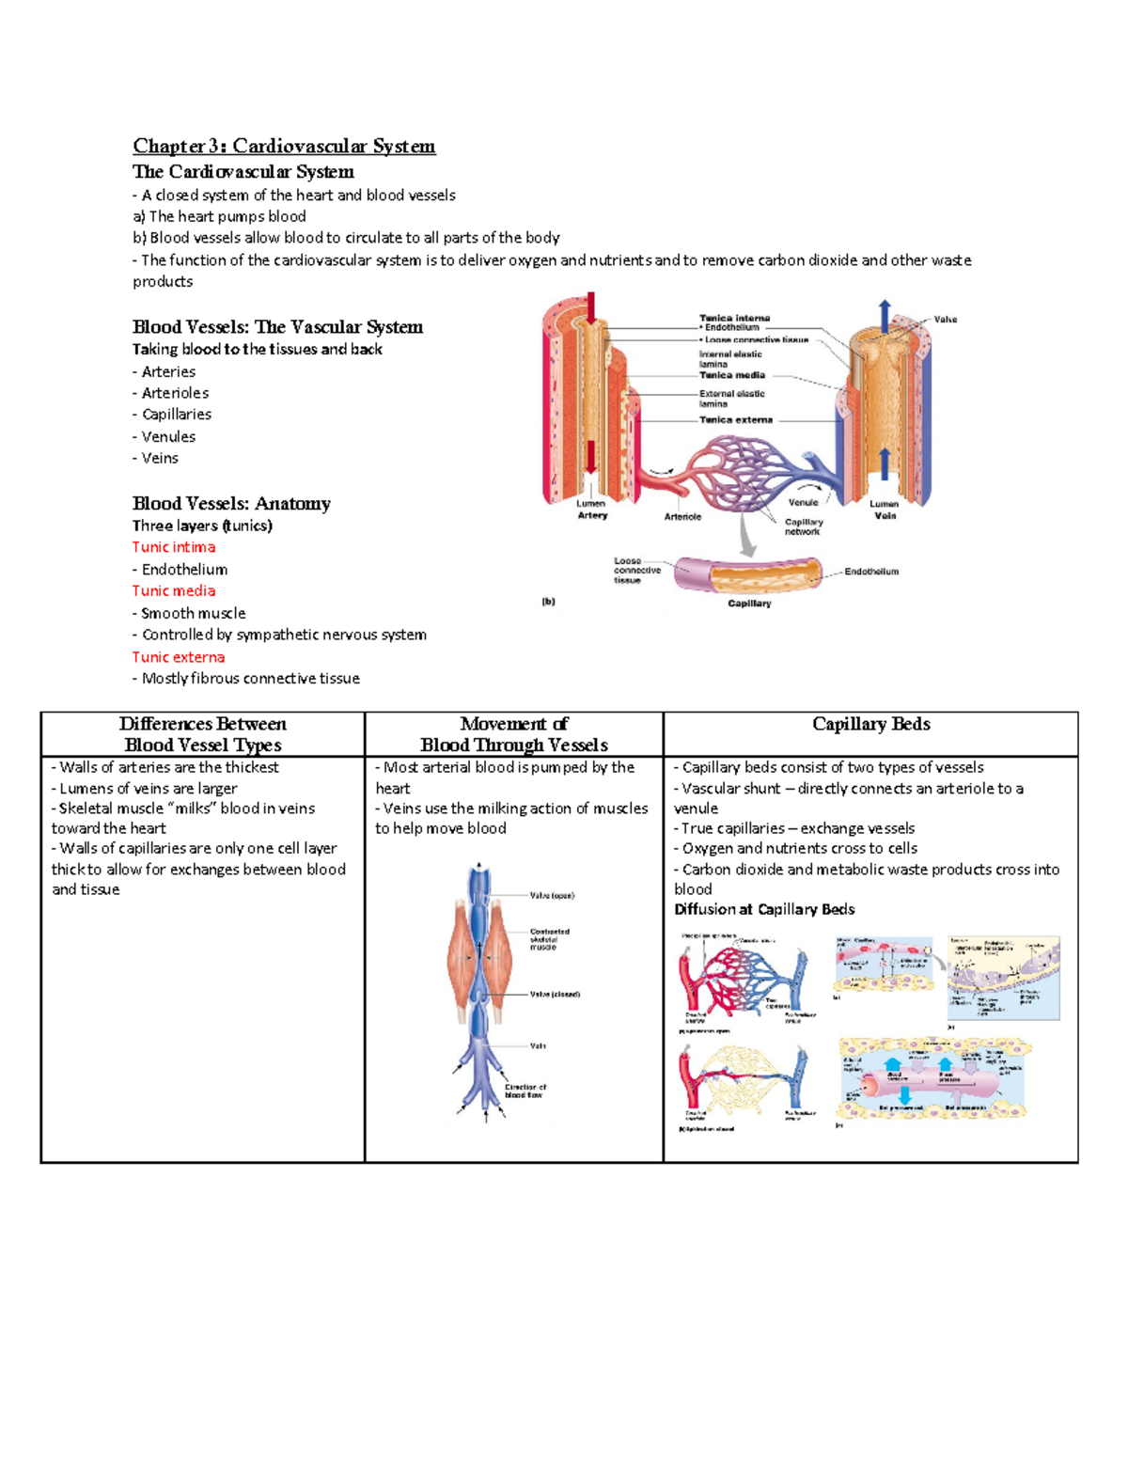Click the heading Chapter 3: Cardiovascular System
click(x=283, y=146)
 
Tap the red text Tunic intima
click(x=174, y=547)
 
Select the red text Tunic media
click(x=174, y=590)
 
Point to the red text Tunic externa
click(x=179, y=657)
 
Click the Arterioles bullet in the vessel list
click(x=175, y=393)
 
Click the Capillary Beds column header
click(x=870, y=724)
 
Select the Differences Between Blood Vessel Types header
click(x=203, y=734)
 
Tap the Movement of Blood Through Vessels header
click(x=514, y=734)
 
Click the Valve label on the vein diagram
click(x=945, y=320)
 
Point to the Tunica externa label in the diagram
click(x=735, y=420)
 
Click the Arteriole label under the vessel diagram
click(x=682, y=516)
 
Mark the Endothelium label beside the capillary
click(x=871, y=571)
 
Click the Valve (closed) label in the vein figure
click(x=555, y=994)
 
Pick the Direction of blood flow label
click(x=525, y=1091)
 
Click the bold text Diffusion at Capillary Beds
click(x=764, y=909)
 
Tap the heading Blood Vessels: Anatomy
click(x=231, y=504)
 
